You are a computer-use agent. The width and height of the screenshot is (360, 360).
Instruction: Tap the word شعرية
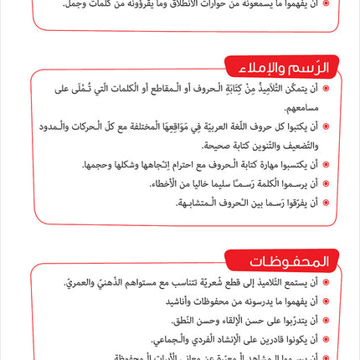tap(220, 282)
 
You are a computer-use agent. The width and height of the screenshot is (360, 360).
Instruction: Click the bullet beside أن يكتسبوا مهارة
tap(326, 164)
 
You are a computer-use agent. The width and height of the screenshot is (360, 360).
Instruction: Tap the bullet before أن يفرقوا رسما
tap(326, 202)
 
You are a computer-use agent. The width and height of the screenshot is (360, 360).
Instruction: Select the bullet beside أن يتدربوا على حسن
tap(326, 320)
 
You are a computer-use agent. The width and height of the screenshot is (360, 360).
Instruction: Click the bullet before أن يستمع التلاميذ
tap(326, 282)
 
